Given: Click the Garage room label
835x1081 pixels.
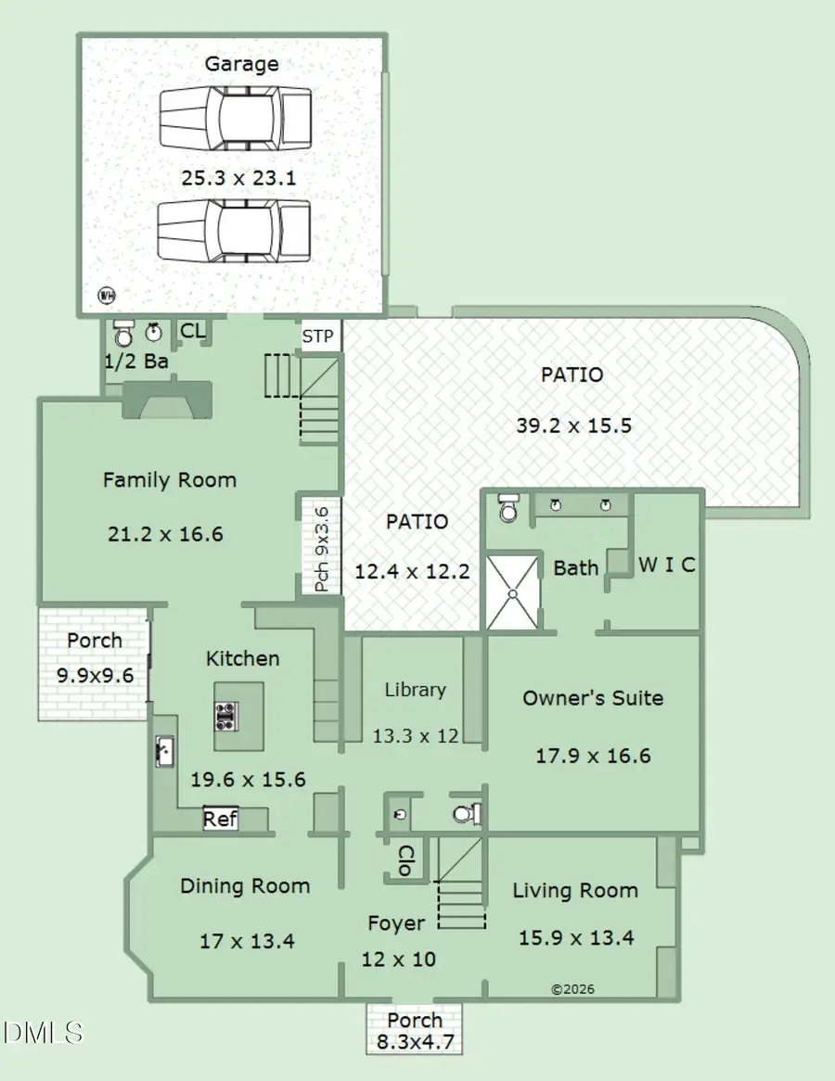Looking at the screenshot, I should [x=241, y=64].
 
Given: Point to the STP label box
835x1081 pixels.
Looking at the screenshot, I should [x=318, y=336].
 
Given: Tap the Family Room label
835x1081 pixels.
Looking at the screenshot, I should [x=169, y=480].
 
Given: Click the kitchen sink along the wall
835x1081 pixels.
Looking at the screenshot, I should [x=164, y=750].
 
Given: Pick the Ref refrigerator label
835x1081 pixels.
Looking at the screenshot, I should [x=220, y=820].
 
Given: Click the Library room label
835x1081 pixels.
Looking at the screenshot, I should [x=416, y=690].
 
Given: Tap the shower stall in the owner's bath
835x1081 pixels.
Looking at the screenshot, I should [x=513, y=591].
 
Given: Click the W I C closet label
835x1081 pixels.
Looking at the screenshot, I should [x=666, y=565].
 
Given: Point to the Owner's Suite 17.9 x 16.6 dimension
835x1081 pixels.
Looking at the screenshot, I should [x=593, y=756].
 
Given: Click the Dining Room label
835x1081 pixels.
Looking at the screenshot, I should [x=245, y=886].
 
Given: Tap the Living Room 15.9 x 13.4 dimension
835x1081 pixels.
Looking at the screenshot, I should [x=575, y=937].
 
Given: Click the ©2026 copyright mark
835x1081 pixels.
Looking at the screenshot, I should [x=572, y=989].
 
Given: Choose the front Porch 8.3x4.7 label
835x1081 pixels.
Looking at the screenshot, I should [x=415, y=1030].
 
